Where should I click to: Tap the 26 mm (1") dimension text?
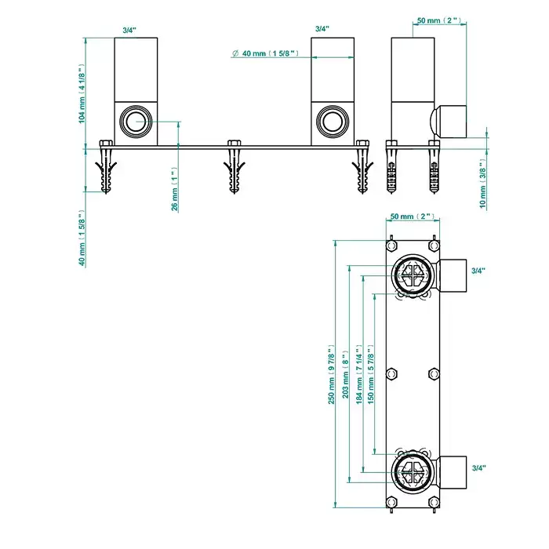[174, 189]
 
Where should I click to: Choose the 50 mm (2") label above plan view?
[412, 216]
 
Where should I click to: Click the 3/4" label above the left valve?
[129, 29]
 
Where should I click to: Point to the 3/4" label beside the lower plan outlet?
[478, 467]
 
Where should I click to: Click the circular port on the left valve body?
[136, 122]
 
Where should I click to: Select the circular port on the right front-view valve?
[330, 122]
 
